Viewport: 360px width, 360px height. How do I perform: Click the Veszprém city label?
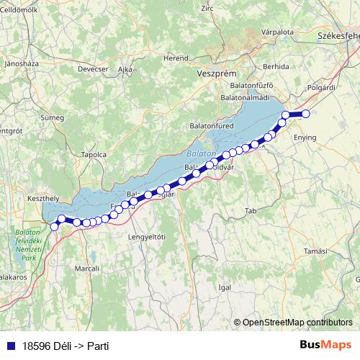tap(212, 73)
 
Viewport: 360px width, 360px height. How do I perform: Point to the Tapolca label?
tap(94, 154)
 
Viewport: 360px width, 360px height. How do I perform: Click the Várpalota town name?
tap(278, 32)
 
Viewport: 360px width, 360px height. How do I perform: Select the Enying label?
tap(305, 136)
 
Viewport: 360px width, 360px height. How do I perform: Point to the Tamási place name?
tap(315, 251)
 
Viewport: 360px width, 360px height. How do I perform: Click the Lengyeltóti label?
tap(146, 236)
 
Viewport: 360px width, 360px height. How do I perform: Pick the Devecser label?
tap(93, 68)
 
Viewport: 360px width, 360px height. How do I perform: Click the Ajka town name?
tap(125, 68)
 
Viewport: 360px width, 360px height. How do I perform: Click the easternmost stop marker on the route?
tap(305, 114)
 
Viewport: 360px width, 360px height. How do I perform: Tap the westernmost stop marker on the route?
tap(54, 227)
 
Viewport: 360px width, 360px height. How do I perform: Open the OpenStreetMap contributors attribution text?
tap(297, 323)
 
